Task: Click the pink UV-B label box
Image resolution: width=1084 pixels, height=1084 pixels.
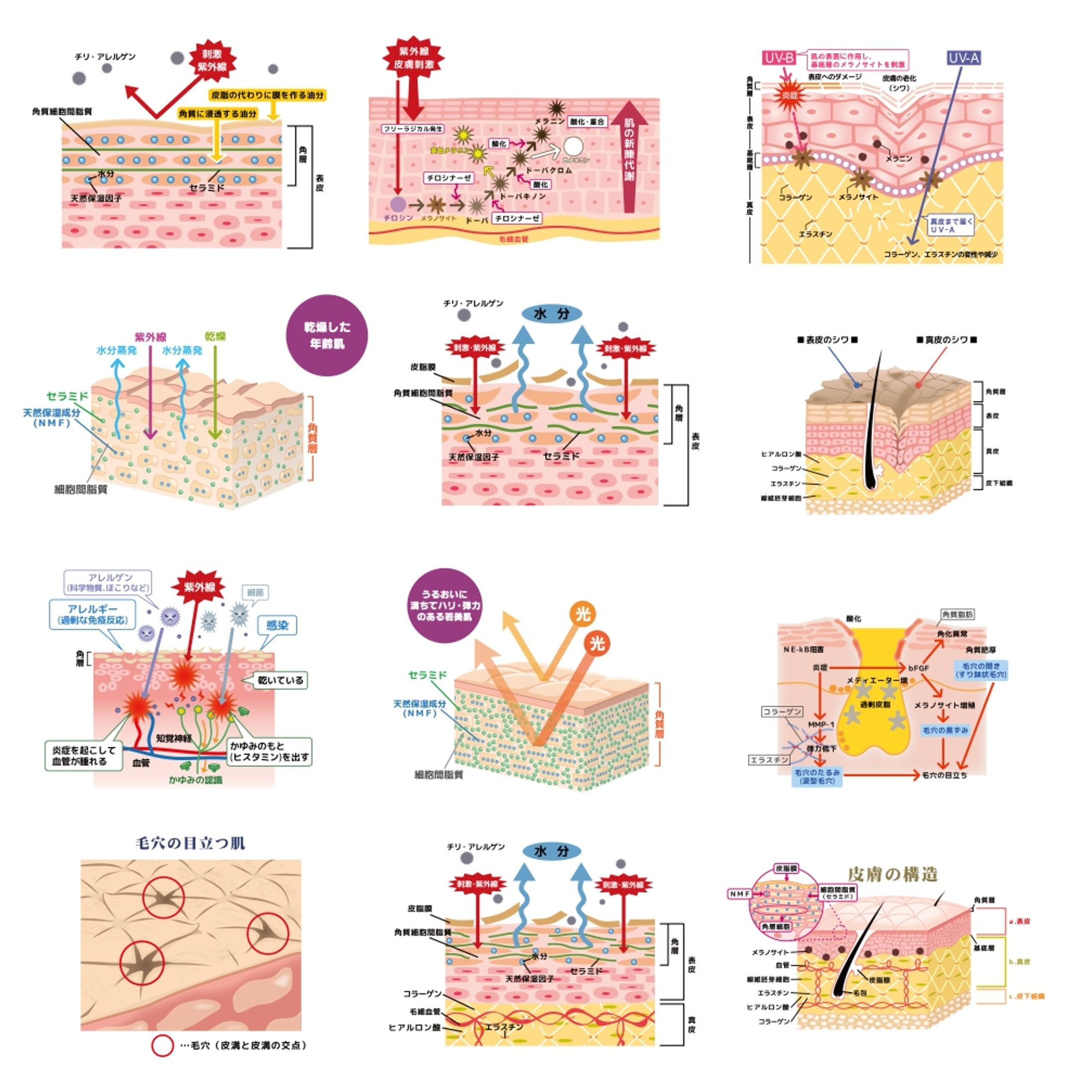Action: (x=778, y=58)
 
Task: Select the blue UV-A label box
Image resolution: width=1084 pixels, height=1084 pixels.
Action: (x=963, y=58)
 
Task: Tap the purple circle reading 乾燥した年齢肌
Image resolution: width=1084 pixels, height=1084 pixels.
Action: (x=327, y=335)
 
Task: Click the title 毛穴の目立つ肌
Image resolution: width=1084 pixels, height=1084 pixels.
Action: (x=191, y=843)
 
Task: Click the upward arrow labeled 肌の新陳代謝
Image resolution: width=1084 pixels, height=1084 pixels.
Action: (x=629, y=157)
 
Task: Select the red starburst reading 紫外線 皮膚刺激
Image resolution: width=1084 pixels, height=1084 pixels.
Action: (x=413, y=58)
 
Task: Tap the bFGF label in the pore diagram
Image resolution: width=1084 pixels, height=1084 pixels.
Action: (x=919, y=668)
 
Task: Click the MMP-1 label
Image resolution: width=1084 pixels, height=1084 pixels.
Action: (x=821, y=724)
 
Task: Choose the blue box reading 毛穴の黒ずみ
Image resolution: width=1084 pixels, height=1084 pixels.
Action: (x=945, y=731)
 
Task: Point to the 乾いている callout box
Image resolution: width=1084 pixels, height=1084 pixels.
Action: (x=280, y=680)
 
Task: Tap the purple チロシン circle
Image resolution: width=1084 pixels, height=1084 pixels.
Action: (x=398, y=204)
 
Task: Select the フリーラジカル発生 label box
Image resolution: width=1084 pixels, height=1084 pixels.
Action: (x=412, y=129)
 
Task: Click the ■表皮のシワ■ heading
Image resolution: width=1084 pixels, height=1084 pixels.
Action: (x=827, y=339)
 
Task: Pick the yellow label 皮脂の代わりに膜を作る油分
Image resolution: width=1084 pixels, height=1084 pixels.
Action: (x=267, y=95)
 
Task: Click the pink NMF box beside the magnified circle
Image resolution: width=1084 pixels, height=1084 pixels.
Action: (x=740, y=894)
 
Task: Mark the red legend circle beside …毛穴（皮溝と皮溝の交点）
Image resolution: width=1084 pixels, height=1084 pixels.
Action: (x=163, y=1045)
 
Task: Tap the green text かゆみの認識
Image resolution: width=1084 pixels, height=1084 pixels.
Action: (x=195, y=780)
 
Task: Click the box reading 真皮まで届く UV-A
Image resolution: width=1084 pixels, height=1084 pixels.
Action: (x=950, y=225)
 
